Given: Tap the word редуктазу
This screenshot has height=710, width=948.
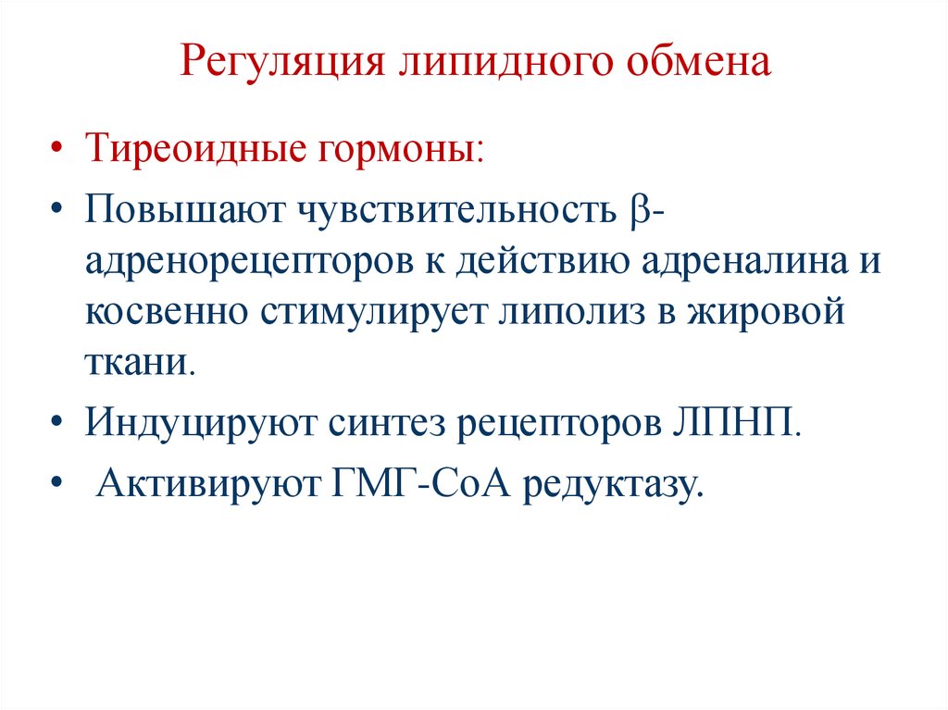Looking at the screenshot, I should click(x=610, y=485).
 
